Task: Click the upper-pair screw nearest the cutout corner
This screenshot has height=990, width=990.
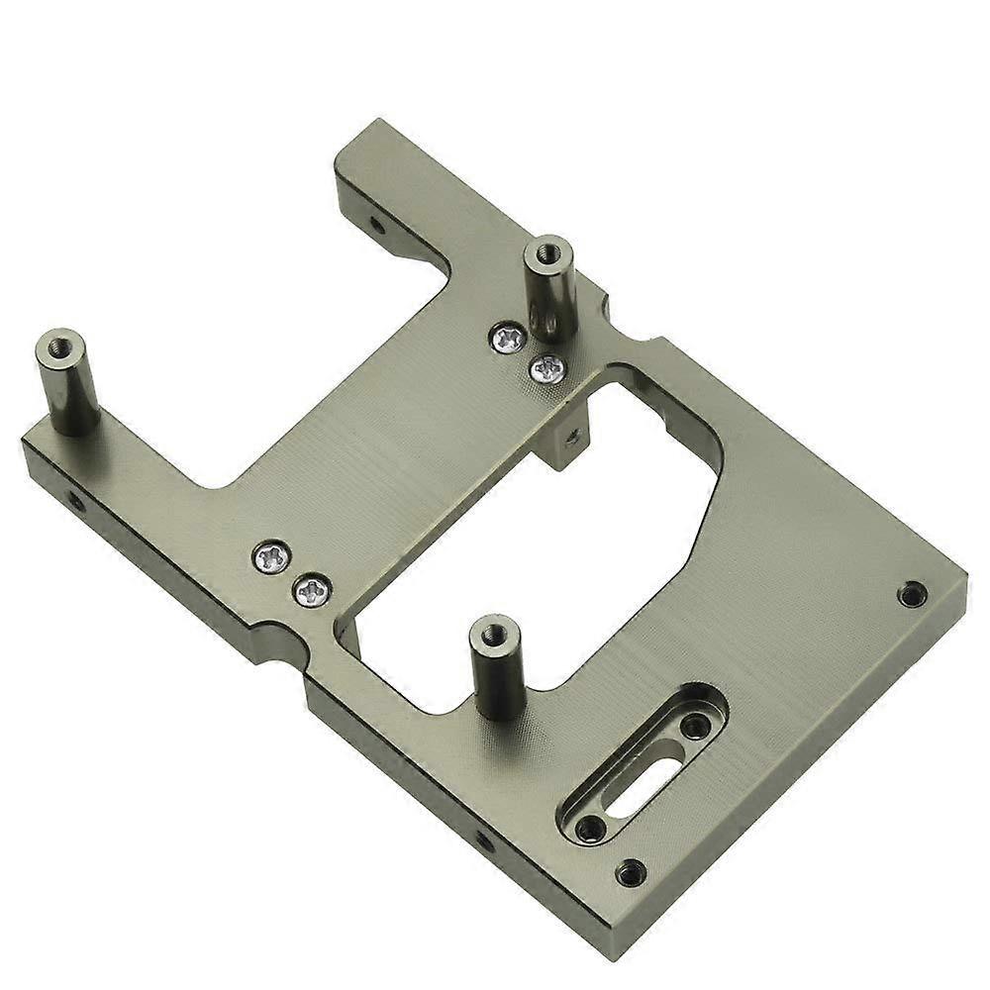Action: tap(546, 369)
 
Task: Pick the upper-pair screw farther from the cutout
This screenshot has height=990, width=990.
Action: tap(508, 340)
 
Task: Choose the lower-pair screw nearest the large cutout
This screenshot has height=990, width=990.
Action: tap(308, 592)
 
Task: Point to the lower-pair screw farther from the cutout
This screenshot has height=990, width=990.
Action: tap(269, 558)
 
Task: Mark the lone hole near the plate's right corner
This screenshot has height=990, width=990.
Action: tap(911, 594)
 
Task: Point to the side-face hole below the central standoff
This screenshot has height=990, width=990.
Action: tap(484, 841)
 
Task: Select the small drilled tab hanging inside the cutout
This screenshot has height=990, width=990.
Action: tap(568, 436)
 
